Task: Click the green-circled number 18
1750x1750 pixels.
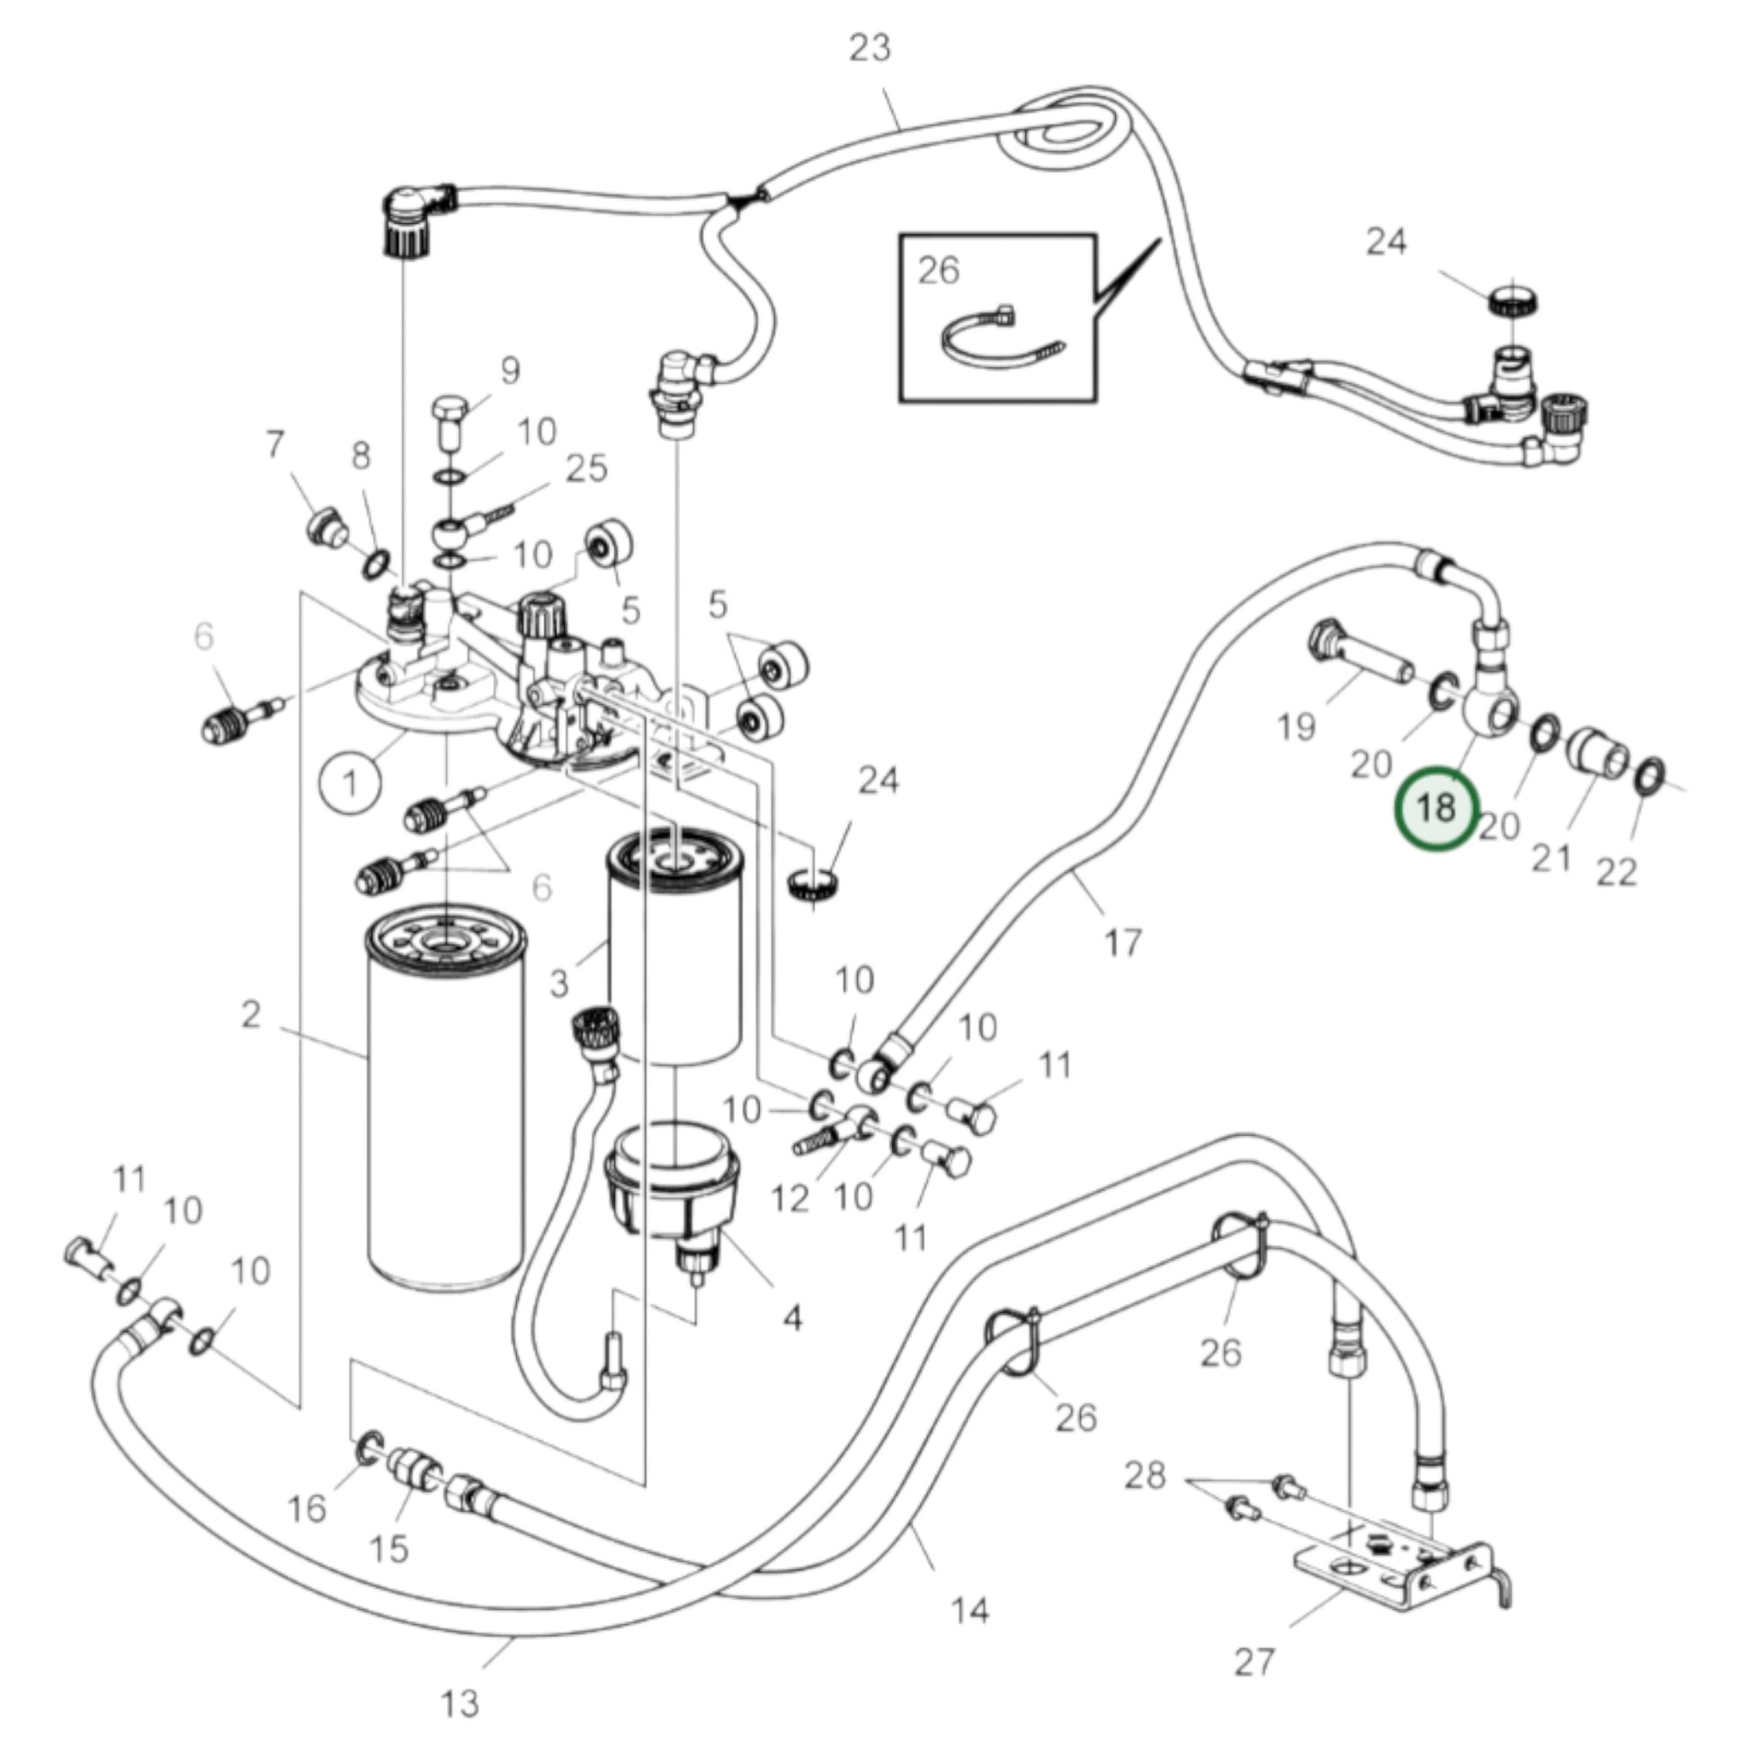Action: tap(1436, 807)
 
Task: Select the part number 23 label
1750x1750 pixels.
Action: tap(870, 48)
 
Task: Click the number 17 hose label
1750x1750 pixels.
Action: tap(1123, 943)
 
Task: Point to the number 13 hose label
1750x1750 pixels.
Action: tap(460, 1704)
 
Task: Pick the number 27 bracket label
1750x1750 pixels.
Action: tap(1254, 1661)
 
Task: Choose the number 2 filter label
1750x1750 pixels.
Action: tap(251, 1014)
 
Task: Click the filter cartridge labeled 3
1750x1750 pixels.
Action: tap(674, 951)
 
